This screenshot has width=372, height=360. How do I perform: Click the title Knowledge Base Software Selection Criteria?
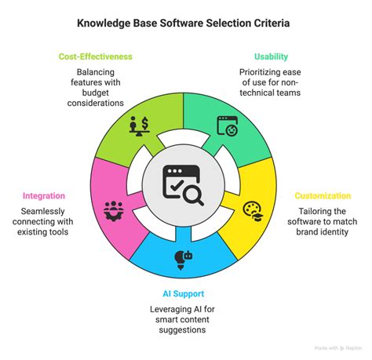186,24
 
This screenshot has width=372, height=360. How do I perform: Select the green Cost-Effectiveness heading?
95,56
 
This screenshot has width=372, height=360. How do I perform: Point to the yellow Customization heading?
323,195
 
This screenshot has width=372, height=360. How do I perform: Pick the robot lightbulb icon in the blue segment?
185,259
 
